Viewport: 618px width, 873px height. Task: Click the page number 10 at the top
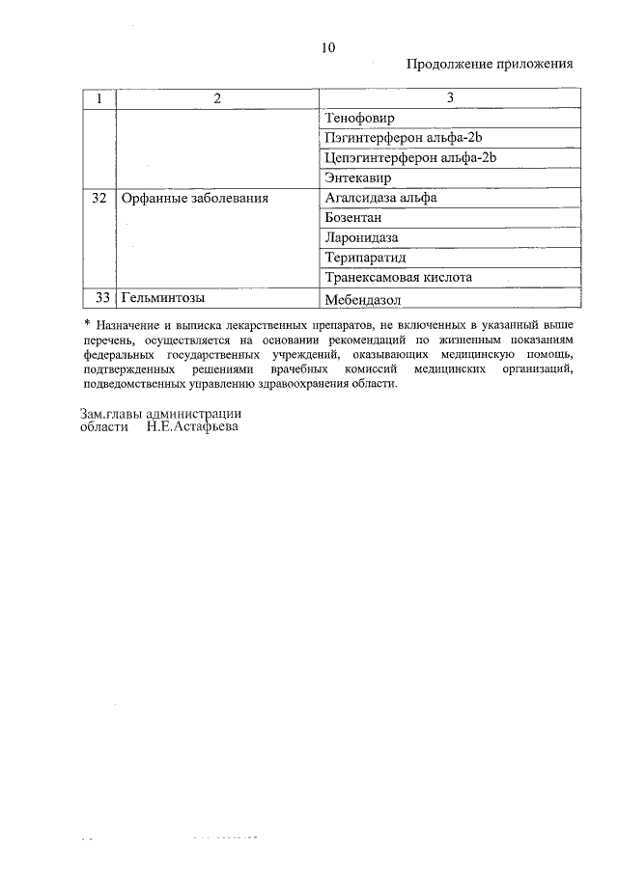pos(328,47)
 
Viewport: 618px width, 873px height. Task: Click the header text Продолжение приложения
pos(490,65)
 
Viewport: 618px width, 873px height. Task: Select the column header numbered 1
pos(98,99)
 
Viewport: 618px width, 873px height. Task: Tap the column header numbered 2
pos(216,99)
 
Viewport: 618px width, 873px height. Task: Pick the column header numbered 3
pos(449,99)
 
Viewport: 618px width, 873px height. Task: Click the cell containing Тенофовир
pos(360,119)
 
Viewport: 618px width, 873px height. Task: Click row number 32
pos(98,198)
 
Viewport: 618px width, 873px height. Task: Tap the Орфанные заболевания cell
pos(194,198)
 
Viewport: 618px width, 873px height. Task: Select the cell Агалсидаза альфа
pos(381,198)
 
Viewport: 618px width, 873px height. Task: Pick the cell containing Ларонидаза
pos(362,237)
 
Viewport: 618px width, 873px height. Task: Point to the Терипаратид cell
pos(367,258)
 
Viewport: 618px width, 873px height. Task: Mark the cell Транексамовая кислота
pos(399,277)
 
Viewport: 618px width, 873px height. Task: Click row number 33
pos(98,297)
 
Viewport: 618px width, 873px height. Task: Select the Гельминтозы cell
pos(163,297)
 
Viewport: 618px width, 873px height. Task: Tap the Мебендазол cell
pos(363,298)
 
